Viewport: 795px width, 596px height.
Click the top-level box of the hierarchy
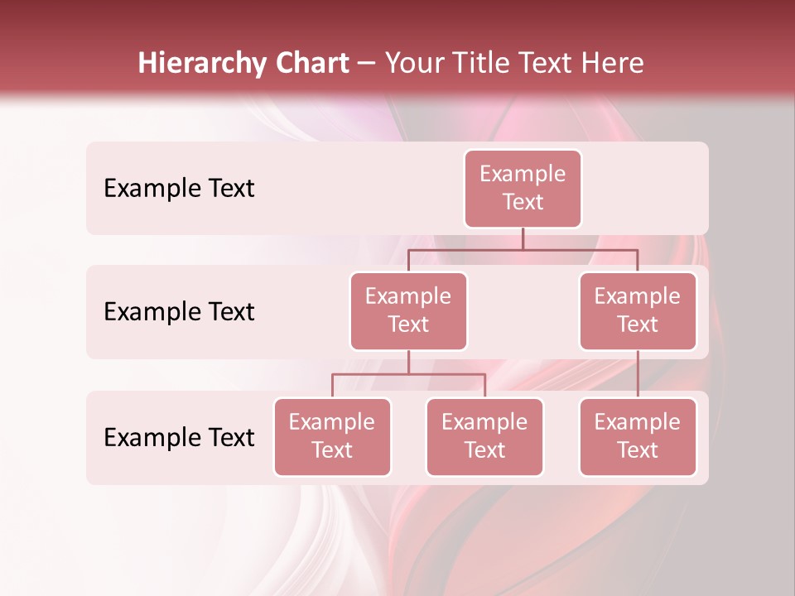(523, 188)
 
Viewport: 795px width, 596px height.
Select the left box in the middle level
(408, 310)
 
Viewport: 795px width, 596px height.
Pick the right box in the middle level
(638, 310)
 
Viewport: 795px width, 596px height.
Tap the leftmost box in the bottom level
(332, 436)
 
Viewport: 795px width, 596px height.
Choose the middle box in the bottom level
(484, 436)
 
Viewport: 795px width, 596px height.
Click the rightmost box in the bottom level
(638, 436)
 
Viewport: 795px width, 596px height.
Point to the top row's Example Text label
(179, 189)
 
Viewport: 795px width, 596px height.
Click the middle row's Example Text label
(179, 312)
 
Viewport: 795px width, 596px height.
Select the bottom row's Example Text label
(179, 437)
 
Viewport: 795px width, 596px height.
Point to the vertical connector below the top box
(523, 238)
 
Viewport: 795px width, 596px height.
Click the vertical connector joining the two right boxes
(638, 374)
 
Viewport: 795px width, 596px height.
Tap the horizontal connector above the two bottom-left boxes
(408, 374)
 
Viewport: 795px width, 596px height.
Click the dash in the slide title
(367, 64)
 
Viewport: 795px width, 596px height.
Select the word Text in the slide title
(545, 64)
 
